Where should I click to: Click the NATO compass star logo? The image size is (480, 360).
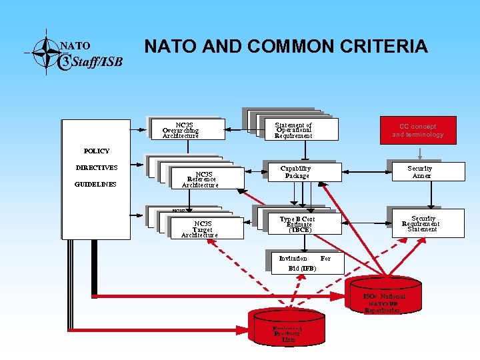coord(45,49)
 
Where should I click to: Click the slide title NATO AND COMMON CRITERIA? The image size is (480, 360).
coord(286,46)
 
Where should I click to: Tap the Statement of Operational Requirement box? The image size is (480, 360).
coord(294,130)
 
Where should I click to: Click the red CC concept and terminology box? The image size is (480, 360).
coord(417,130)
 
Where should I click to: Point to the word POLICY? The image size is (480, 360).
coord(97,151)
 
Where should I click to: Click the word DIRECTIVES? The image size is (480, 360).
coord(97,168)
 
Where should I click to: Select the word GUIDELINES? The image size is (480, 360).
coord(96,184)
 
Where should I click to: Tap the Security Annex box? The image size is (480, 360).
coord(421,172)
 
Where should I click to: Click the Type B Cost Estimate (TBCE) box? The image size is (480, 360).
coord(297,224)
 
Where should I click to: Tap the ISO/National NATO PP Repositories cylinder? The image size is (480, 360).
coord(383,301)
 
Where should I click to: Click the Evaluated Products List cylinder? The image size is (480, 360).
coord(288,329)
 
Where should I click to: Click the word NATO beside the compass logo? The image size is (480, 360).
coord(75,46)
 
